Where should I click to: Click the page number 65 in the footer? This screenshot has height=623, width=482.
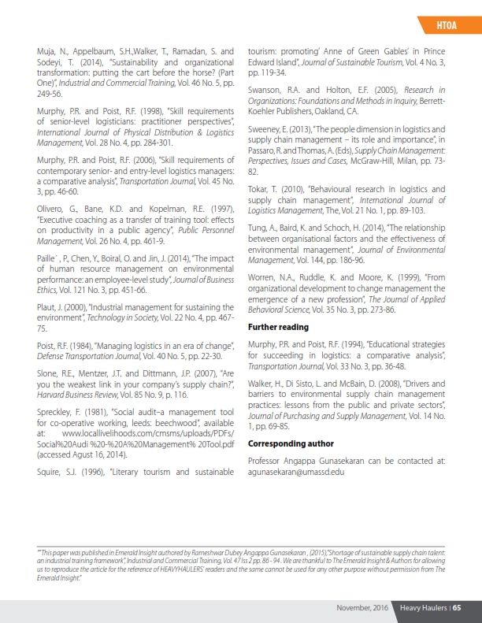coord(456,607)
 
